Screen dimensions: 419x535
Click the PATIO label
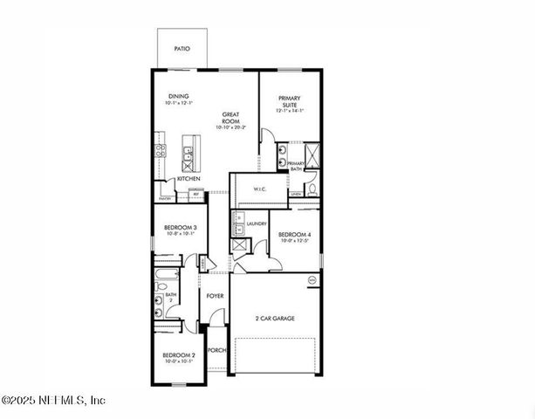pyautogui.click(x=182, y=49)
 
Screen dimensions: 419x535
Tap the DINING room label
pyautogui.click(x=177, y=96)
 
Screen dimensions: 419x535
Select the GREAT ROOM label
pyautogui.click(x=231, y=118)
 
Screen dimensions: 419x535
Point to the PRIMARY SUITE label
pyautogui.click(x=289, y=101)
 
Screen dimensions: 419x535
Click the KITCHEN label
pyautogui.click(x=189, y=179)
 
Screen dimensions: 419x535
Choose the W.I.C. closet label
pyautogui.click(x=259, y=189)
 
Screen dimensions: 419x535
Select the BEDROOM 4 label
pyautogui.click(x=293, y=234)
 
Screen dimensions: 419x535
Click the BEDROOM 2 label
pyautogui.click(x=180, y=356)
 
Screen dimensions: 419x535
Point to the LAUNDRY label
pyautogui.click(x=257, y=223)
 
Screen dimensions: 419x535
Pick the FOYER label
pyautogui.click(x=215, y=296)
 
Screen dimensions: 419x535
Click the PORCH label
pyautogui.click(x=216, y=350)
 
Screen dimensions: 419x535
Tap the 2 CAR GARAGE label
pyautogui.click(x=274, y=319)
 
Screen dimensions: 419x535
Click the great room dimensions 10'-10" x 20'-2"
pyautogui.click(x=231, y=128)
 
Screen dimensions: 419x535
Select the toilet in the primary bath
pyautogui.click(x=312, y=183)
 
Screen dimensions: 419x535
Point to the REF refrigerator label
pyautogui.click(x=196, y=194)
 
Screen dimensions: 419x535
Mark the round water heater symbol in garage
pyautogui.click(x=312, y=279)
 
